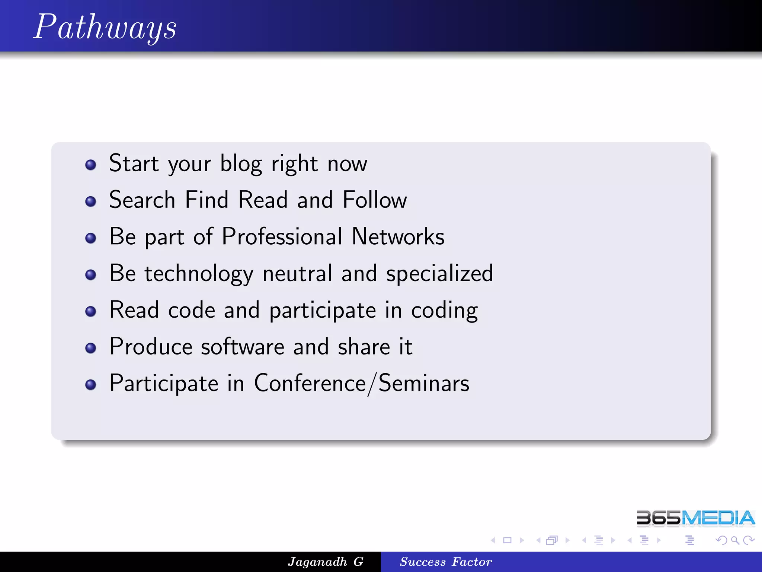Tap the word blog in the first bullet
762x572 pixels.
[x=241, y=164]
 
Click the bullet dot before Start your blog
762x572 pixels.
[x=91, y=165]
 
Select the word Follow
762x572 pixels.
[x=375, y=200]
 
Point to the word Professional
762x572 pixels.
[x=282, y=236]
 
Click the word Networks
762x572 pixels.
[x=398, y=236]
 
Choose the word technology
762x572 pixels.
[x=199, y=274]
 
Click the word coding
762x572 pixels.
[x=444, y=310]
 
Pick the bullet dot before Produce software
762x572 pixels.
[x=91, y=348]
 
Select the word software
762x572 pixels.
[x=243, y=347]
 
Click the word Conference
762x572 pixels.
[x=310, y=383]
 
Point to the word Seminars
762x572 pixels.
[x=424, y=383]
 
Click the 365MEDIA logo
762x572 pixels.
[x=695, y=518]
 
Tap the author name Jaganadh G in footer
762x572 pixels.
[x=326, y=562]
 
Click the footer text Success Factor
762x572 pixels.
[x=446, y=562]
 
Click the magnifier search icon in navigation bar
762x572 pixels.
[x=735, y=540]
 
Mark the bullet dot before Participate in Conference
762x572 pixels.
[x=91, y=385]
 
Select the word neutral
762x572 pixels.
[x=297, y=274]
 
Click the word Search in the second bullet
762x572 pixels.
[x=142, y=200]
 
